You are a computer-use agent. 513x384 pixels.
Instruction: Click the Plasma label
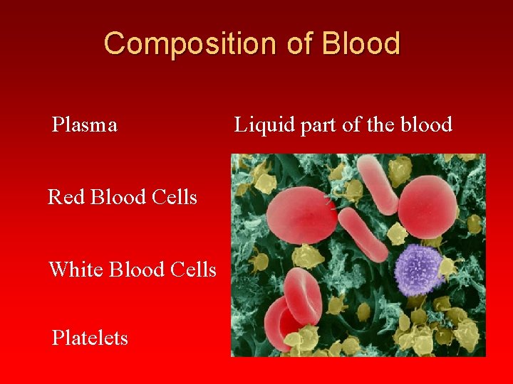85,125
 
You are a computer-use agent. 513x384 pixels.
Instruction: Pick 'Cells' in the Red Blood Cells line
175,197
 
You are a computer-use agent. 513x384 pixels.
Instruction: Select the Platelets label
90,338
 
